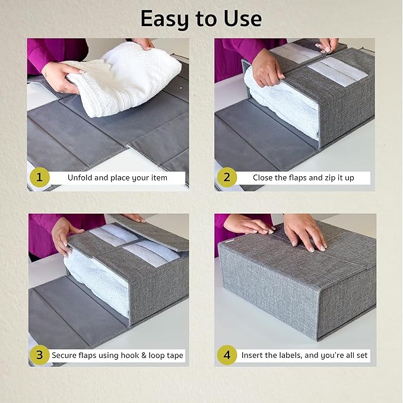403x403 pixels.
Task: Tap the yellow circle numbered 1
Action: pos(40,177)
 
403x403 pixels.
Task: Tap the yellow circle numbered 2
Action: pos(227,177)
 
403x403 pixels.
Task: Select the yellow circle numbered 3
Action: pos(40,355)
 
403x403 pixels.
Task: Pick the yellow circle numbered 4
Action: pos(227,355)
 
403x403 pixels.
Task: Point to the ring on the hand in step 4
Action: pos(315,227)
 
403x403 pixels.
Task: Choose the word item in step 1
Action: pos(160,177)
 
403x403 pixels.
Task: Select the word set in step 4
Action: pos(362,355)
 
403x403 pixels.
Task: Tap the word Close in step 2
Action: pos(262,177)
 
